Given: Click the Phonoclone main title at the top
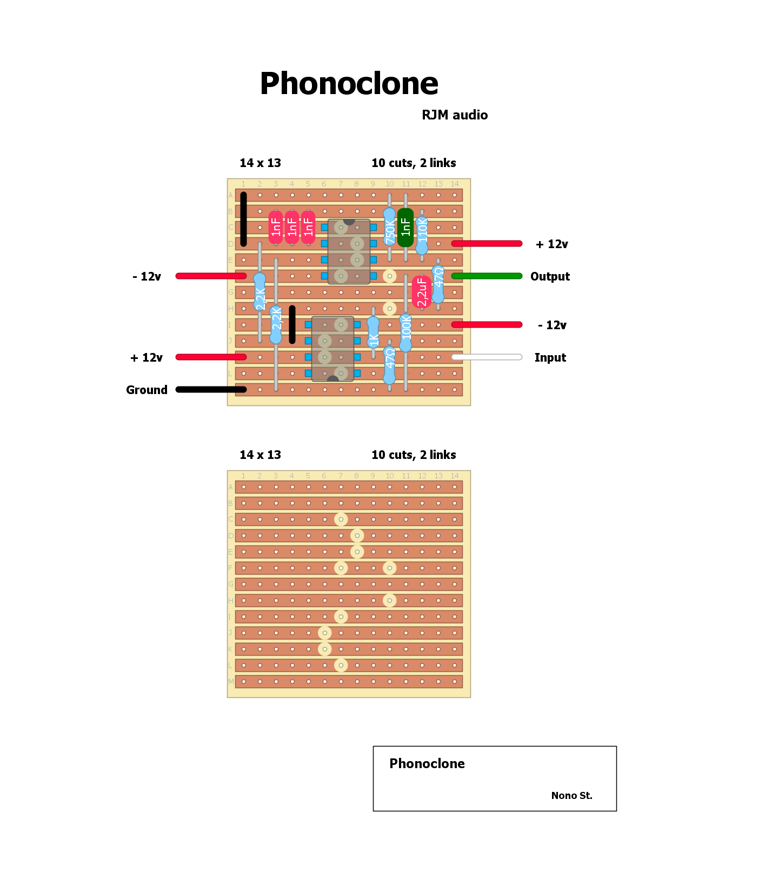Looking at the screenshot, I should coord(349,84).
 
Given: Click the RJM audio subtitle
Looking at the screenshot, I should coord(455,115).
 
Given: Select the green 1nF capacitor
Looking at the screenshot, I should coord(405,228).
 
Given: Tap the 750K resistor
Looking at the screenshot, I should coord(389,228).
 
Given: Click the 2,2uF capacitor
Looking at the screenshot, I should coord(422,292).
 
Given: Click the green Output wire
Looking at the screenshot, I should coord(487,276).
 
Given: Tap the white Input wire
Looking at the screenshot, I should coord(487,357).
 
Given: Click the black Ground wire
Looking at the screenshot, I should coord(211,390).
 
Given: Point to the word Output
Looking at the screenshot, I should coord(550,277).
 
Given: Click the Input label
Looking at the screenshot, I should coord(550,358).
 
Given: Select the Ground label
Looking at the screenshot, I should coord(147,390).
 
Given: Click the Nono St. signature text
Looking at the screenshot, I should coord(571,796).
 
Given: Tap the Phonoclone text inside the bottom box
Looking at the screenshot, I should coord(427,764).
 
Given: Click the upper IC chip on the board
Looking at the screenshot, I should coord(349,251).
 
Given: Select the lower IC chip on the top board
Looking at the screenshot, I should coord(332,349).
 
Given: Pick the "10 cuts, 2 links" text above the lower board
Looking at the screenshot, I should coord(414,455).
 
